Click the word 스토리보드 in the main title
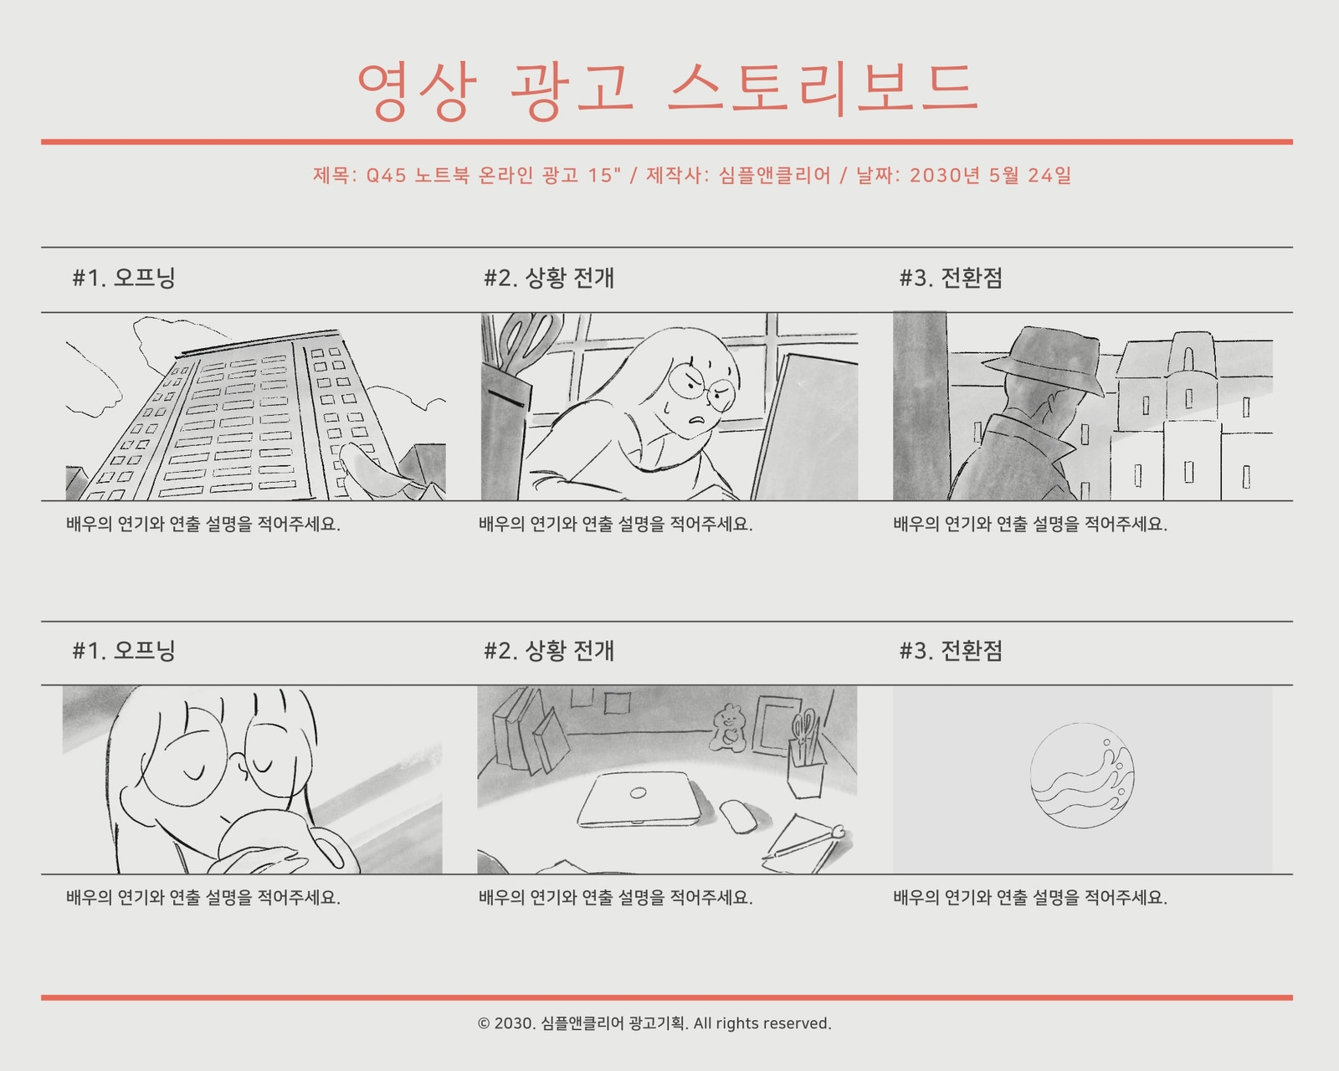[x=822, y=90]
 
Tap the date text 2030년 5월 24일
[x=991, y=176]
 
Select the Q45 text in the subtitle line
[x=386, y=176]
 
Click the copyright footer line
[x=654, y=1023]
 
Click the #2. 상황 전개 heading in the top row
[x=549, y=278]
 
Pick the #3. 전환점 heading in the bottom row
[x=951, y=651]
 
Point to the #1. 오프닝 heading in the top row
[x=124, y=278]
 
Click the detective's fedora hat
[x=1043, y=361]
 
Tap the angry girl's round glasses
[x=702, y=386]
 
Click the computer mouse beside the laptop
[x=739, y=816]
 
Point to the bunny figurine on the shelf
[x=726, y=727]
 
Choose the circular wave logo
[x=1082, y=776]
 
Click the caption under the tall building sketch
[x=203, y=524]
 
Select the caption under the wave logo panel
[x=1029, y=897]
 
